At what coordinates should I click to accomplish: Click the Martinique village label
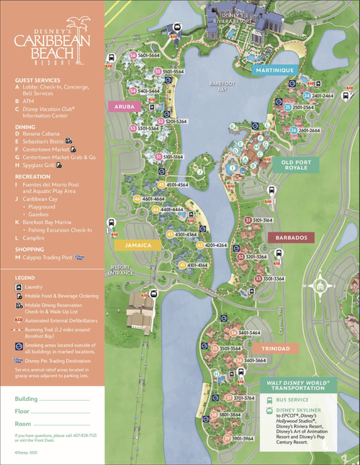tap(274, 70)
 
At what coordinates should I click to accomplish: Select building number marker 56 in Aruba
tap(133, 55)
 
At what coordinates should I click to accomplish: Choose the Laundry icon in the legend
tap(18, 286)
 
